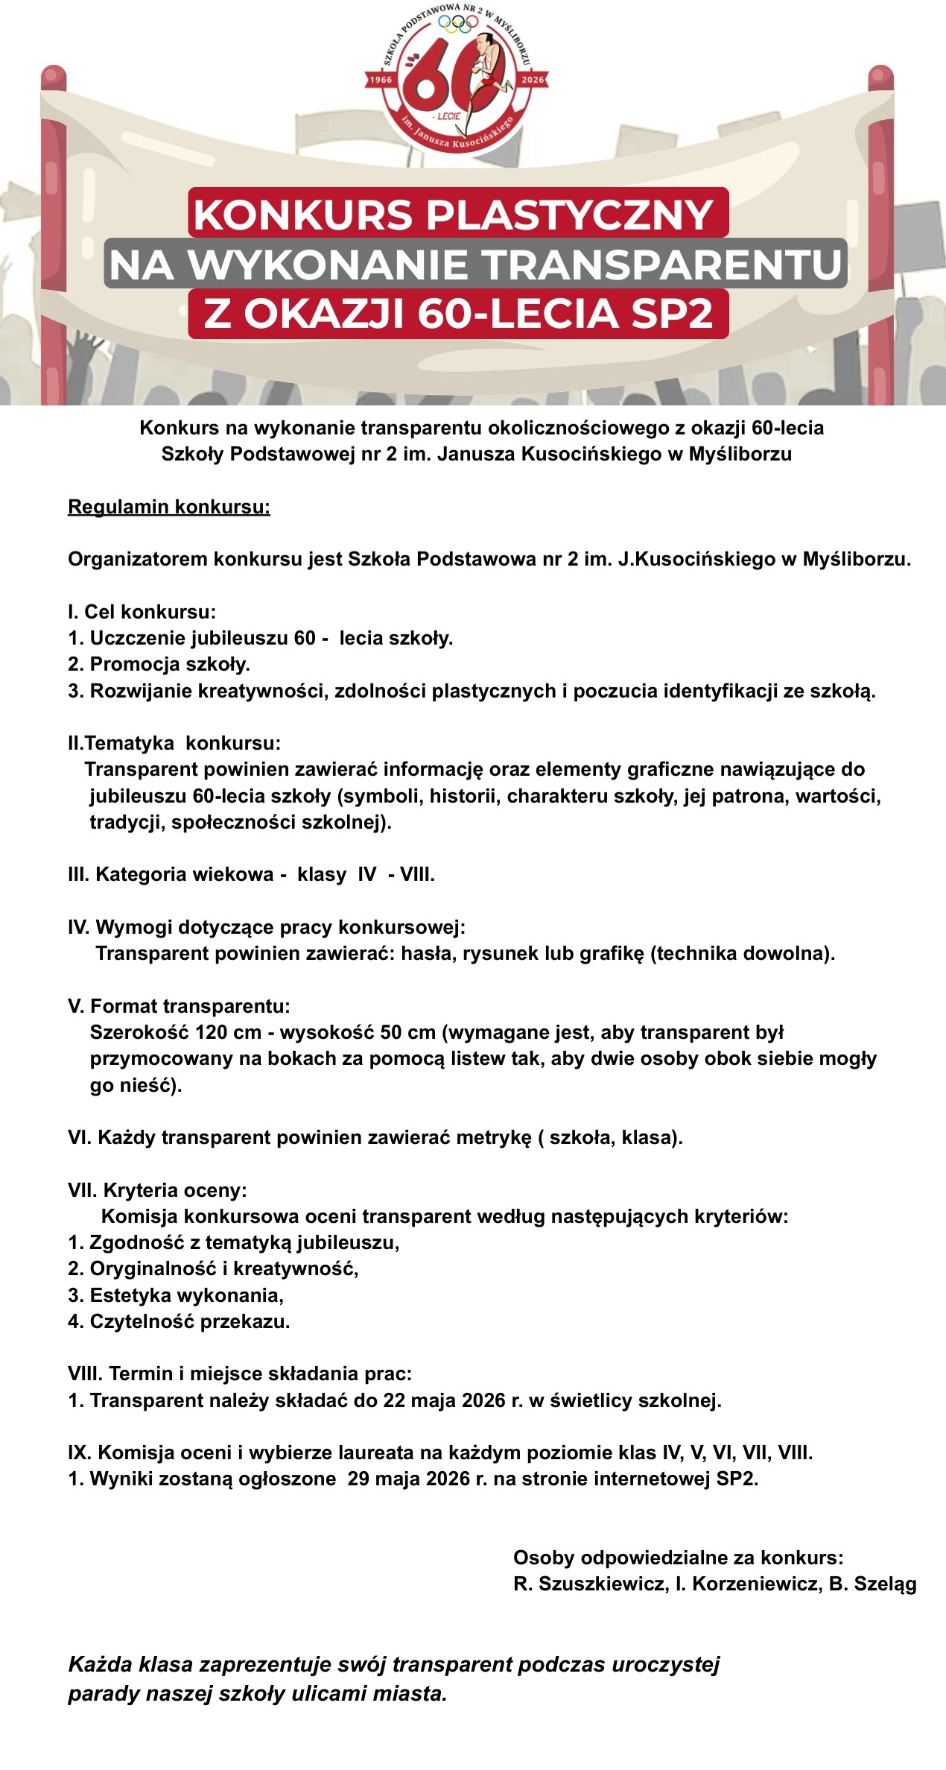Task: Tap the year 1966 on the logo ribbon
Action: point(381,80)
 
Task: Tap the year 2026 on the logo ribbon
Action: point(533,79)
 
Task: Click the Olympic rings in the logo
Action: point(458,24)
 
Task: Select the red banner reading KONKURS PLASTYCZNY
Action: point(457,214)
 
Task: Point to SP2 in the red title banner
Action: point(672,313)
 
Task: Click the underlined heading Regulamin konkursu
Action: point(168,507)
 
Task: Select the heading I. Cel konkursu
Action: point(142,612)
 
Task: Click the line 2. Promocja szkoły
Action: point(159,664)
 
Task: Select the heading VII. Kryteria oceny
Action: point(157,1190)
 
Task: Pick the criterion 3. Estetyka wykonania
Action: point(176,1295)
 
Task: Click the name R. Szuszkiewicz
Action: point(590,1584)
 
